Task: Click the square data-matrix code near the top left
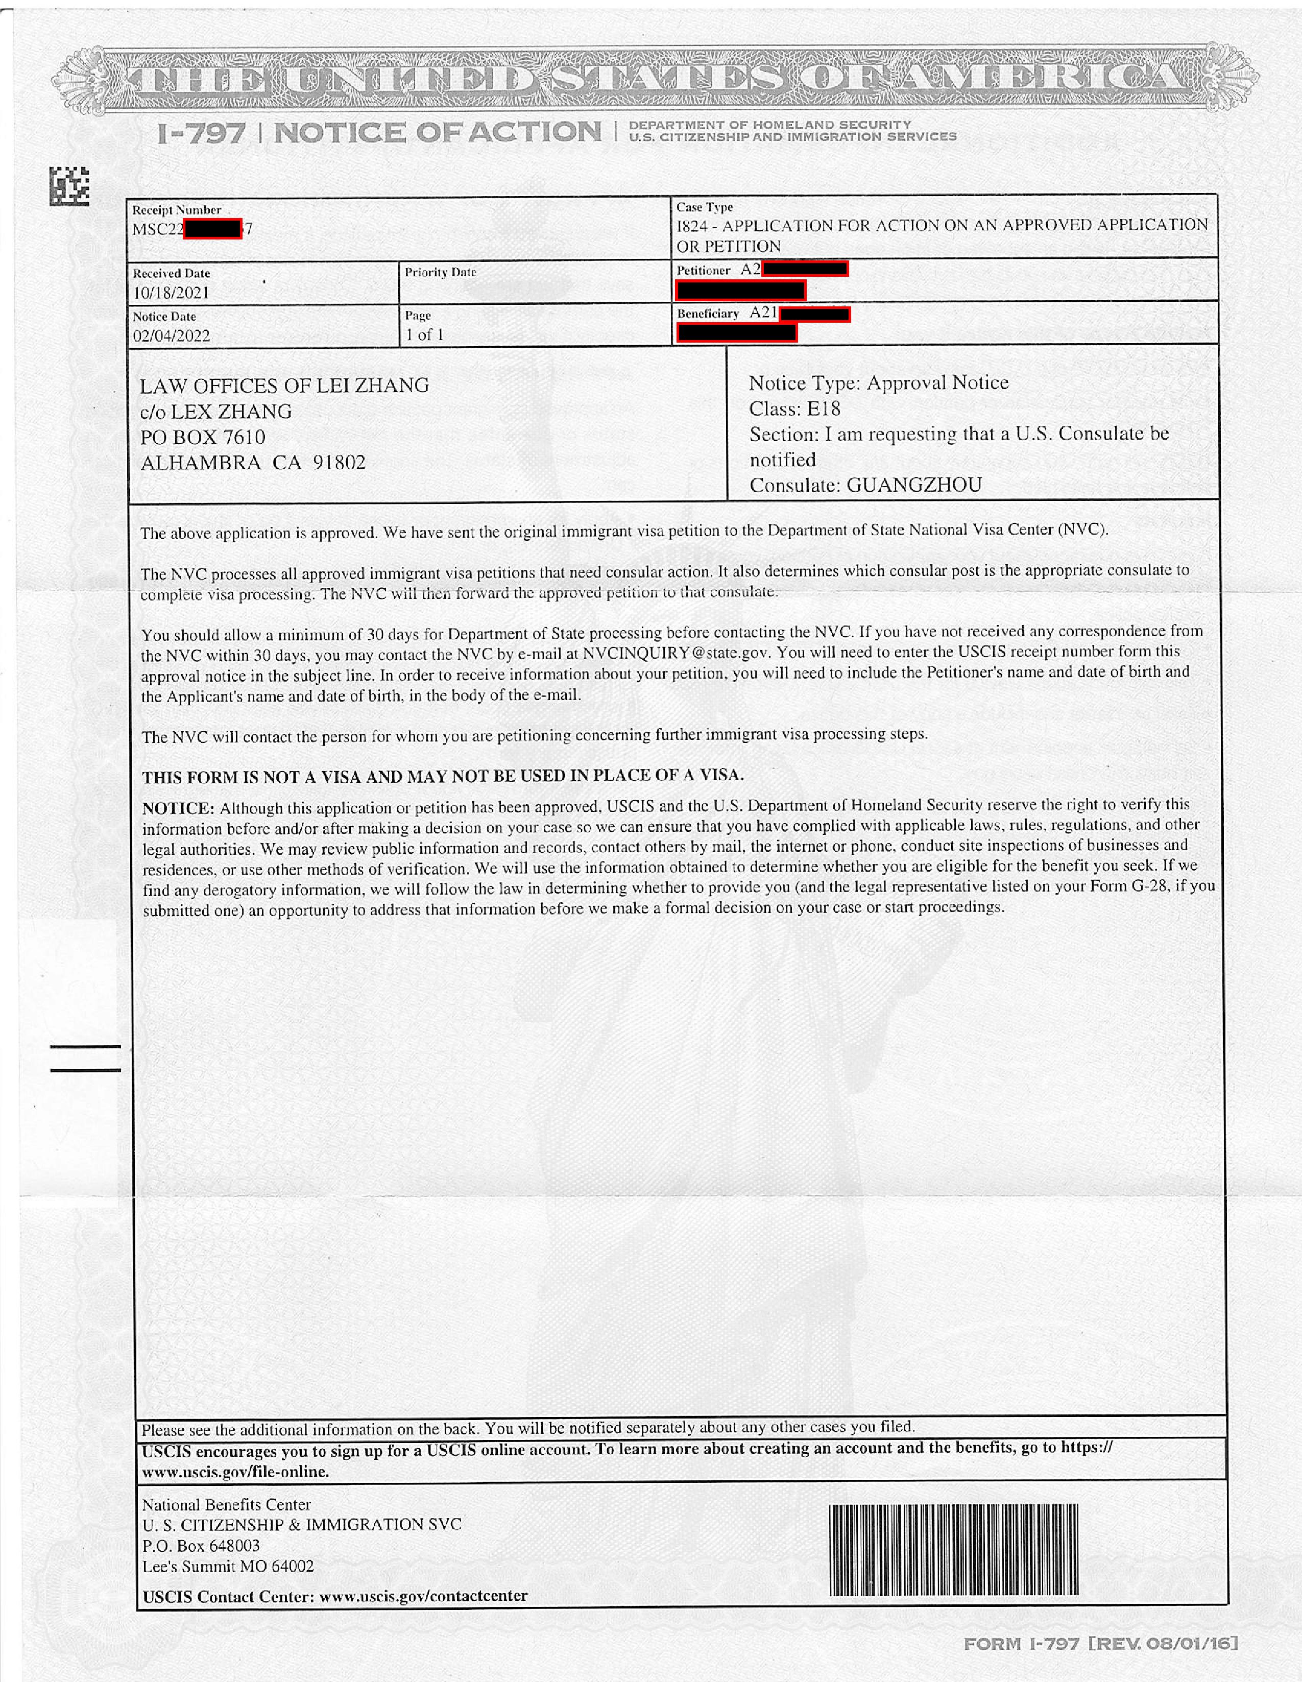pos(69,185)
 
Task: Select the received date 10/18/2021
pos(171,293)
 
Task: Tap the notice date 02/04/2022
pos(171,336)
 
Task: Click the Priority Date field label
pos(441,272)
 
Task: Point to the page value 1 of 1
pos(425,335)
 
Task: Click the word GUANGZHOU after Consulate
pos(914,485)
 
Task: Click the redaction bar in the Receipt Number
pos(212,229)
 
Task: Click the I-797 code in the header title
pos(201,134)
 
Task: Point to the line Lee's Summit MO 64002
pos(228,1566)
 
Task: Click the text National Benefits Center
pos(226,1504)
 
